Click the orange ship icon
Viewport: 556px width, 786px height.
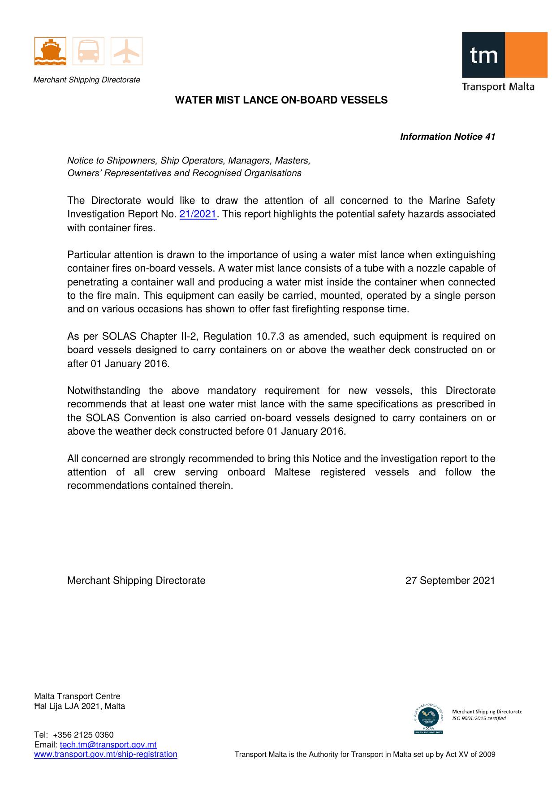pos(50,51)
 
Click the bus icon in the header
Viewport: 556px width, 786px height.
pos(88,51)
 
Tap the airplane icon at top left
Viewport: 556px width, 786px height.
pos(126,51)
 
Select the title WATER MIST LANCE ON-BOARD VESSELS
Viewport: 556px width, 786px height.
pos(281,100)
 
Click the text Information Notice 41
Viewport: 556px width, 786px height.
pos(447,137)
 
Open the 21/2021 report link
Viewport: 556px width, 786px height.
pos(198,214)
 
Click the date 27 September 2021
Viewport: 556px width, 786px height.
pos(450,581)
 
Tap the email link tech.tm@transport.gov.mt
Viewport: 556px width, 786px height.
pos(108,745)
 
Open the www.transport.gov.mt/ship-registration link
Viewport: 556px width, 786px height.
pos(106,754)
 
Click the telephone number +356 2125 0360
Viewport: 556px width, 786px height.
pos(83,735)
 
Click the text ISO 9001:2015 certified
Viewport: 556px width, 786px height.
pos(478,718)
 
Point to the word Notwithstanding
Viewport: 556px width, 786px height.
pos(103,391)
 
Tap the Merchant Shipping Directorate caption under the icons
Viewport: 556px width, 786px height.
pos(87,80)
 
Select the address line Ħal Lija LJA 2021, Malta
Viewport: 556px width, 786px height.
pos(80,706)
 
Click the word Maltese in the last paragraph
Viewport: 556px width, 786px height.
pos(292,472)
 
